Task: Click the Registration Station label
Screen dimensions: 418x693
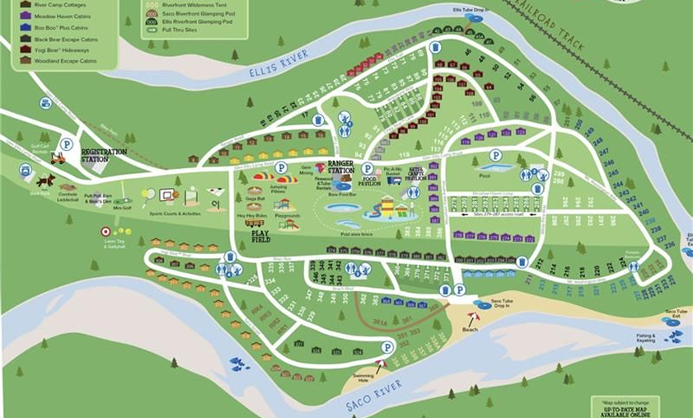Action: (x=104, y=155)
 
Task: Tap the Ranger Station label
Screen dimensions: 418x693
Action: (x=340, y=167)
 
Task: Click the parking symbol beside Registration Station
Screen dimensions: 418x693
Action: (x=67, y=144)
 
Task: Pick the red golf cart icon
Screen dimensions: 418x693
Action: (x=57, y=157)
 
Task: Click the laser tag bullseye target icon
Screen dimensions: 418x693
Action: (x=105, y=232)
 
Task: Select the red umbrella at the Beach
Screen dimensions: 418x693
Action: (x=472, y=317)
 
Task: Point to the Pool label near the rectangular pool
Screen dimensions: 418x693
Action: (x=484, y=176)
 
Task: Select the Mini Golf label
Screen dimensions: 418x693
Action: (x=122, y=207)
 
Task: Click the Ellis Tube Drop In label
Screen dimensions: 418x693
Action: (x=468, y=10)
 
